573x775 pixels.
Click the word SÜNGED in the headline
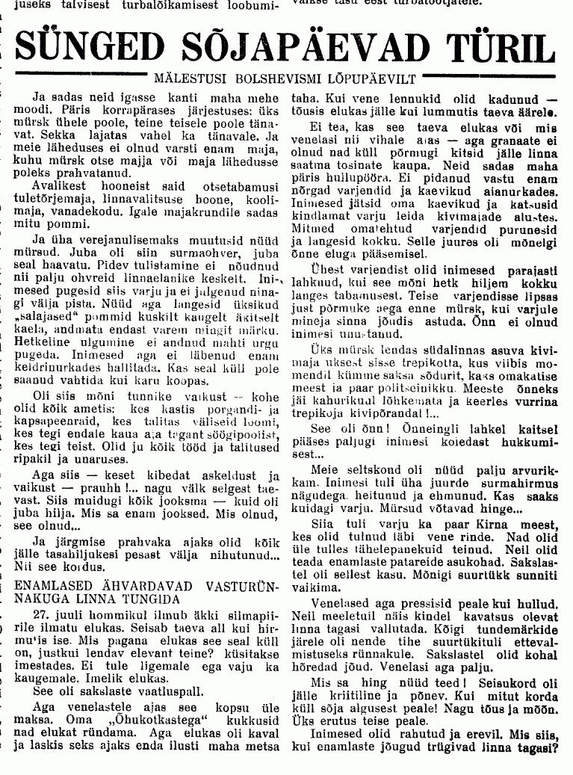[x=81, y=48]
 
